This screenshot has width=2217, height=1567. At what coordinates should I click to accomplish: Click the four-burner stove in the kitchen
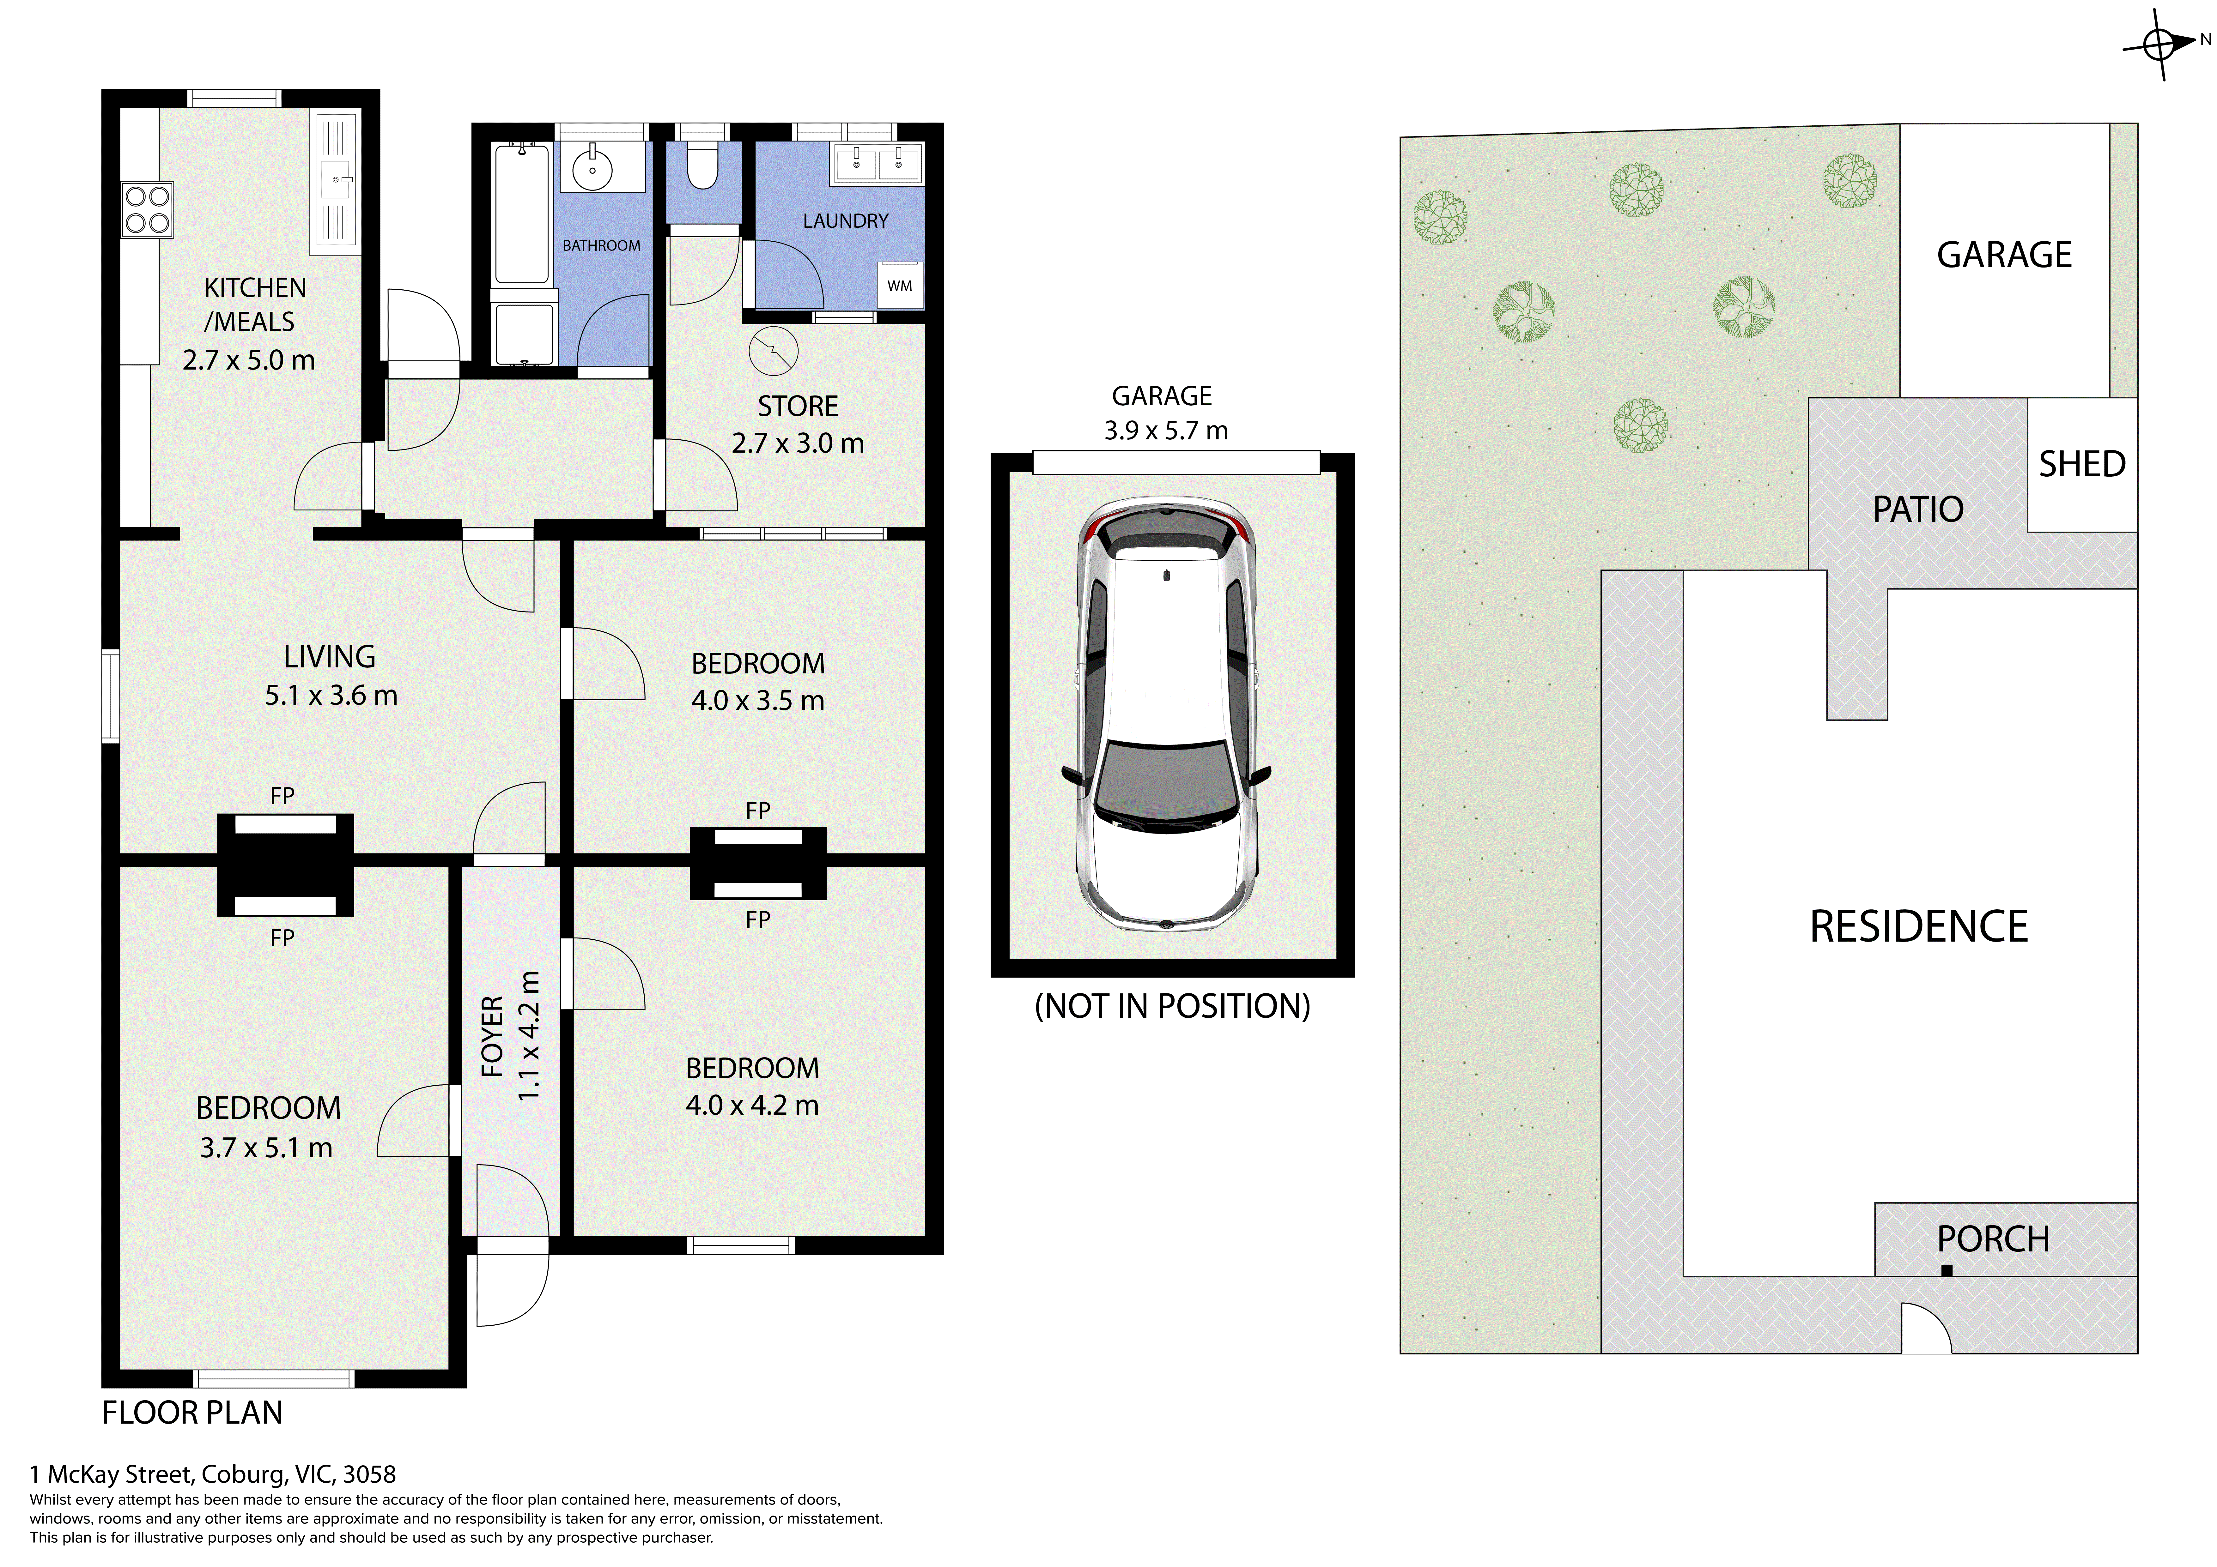pyautogui.click(x=148, y=209)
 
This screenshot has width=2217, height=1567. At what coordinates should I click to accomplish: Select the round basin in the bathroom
pyautogui.click(x=592, y=170)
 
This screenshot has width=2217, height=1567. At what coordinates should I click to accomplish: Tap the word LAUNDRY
pyautogui.click(x=846, y=221)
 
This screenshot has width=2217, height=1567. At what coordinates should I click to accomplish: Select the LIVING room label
pyautogui.click(x=329, y=657)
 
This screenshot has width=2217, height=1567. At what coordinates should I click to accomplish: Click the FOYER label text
pyautogui.click(x=492, y=1036)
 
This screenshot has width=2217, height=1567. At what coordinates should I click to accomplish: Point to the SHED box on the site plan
pyautogui.click(x=2082, y=464)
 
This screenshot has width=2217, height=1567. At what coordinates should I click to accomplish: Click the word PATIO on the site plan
pyautogui.click(x=1918, y=509)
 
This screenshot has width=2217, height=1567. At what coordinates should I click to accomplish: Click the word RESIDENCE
pyautogui.click(x=1919, y=927)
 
